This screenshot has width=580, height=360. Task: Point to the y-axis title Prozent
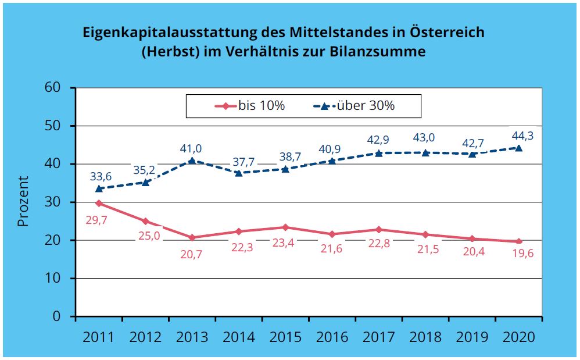[x=23, y=201]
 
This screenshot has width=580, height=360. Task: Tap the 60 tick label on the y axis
[x=53, y=88]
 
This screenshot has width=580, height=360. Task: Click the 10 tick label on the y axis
[x=53, y=279]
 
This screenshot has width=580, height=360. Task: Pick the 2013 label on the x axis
[x=192, y=336]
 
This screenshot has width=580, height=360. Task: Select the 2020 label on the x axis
[x=518, y=336]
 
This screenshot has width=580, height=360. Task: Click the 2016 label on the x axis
[x=332, y=336]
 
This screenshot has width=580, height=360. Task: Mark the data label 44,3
[x=519, y=136]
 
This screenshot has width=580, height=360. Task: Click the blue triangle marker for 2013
[x=192, y=161]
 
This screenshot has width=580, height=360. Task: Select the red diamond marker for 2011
[x=99, y=204]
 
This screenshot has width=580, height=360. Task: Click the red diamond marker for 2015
[x=285, y=227]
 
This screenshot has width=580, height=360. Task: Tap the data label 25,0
[x=146, y=237]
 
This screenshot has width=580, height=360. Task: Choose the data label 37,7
[x=239, y=161]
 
